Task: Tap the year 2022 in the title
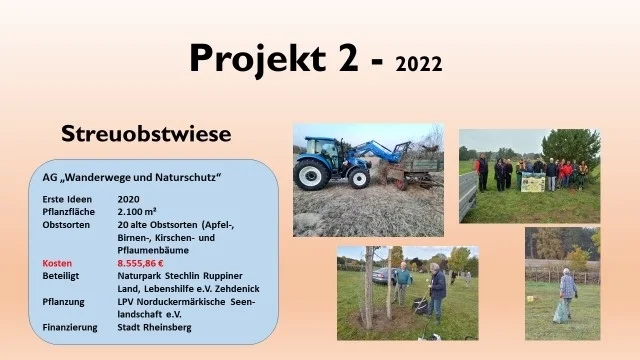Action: [419, 65]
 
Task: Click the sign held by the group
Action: [533, 182]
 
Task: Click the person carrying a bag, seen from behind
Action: [567, 292]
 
